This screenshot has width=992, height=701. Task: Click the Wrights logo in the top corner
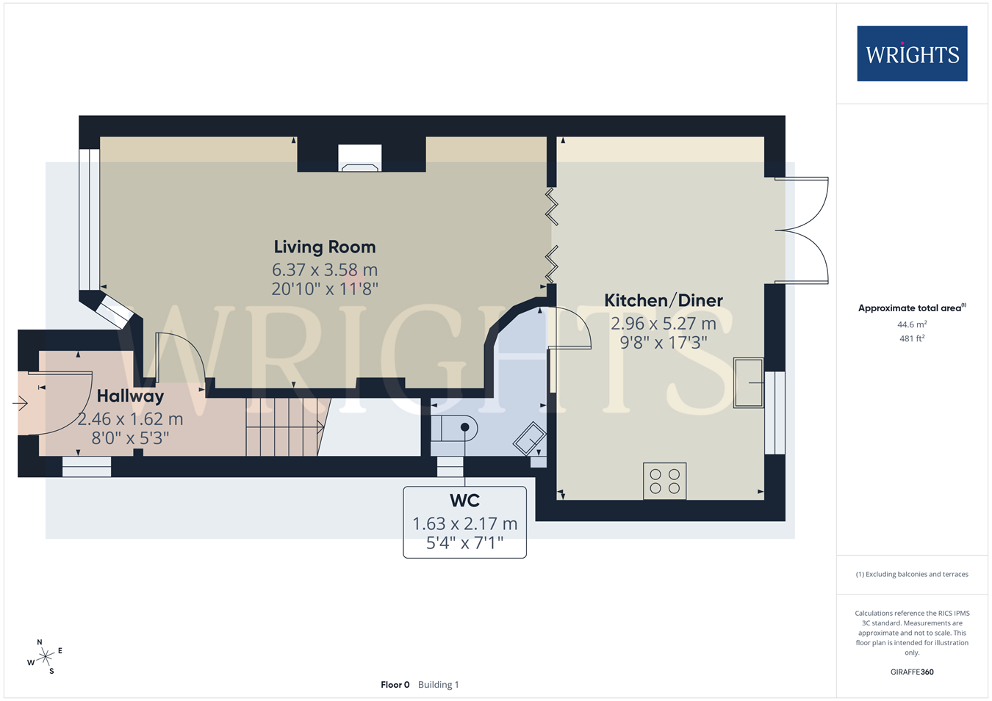click(x=912, y=54)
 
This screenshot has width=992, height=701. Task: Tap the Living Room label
click(x=325, y=247)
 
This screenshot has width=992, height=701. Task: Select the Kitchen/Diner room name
click(x=664, y=301)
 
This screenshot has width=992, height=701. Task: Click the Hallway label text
click(x=130, y=396)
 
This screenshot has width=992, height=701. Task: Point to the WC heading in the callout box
click(x=464, y=501)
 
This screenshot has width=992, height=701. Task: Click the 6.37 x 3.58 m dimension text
click(x=325, y=269)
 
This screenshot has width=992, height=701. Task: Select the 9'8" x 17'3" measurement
click(x=664, y=342)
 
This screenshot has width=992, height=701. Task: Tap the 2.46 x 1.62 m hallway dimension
click(x=130, y=419)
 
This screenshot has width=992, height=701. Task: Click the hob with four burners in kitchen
click(x=665, y=482)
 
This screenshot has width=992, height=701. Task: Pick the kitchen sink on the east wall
click(x=749, y=382)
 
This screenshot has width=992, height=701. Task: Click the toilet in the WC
click(x=454, y=428)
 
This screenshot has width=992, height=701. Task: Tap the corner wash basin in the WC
click(x=530, y=438)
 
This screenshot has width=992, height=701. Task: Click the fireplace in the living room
click(x=359, y=158)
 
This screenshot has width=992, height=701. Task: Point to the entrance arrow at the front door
click(x=20, y=404)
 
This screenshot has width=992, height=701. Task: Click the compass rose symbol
click(x=45, y=657)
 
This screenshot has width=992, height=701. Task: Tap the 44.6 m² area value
click(x=912, y=324)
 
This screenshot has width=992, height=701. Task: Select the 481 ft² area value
click(x=912, y=338)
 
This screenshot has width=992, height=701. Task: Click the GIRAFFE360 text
click(x=912, y=672)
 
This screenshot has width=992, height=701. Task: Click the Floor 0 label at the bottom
click(x=395, y=685)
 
